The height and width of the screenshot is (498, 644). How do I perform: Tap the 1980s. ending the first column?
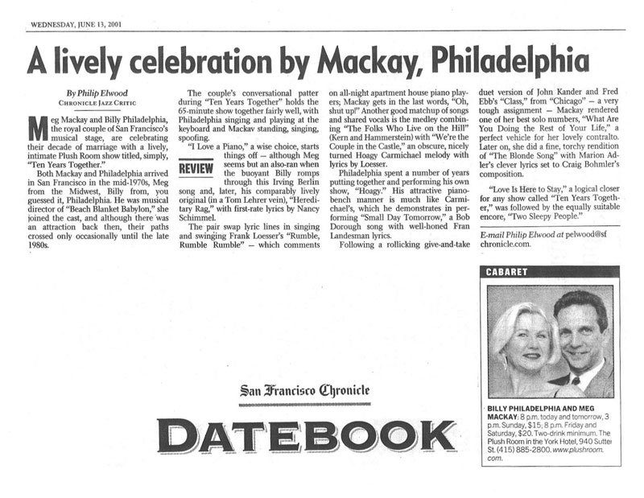(38, 244)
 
